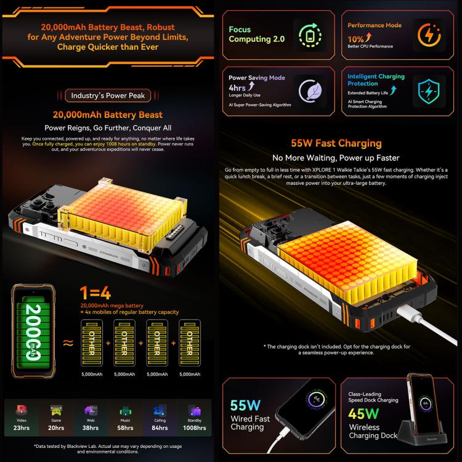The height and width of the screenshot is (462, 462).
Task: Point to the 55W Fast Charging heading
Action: [x=344, y=144]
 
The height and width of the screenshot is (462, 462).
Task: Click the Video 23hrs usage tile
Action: [x=22, y=417]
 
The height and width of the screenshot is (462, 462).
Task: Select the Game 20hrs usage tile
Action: [x=56, y=417]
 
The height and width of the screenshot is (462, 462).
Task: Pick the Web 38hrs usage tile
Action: [x=91, y=417]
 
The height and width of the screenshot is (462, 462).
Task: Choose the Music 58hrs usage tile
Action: [x=126, y=417]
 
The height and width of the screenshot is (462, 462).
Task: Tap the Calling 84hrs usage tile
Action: [x=160, y=417]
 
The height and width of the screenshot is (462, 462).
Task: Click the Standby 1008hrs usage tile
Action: [x=194, y=417]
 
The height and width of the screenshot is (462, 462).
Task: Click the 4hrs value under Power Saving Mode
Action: [x=238, y=87]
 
